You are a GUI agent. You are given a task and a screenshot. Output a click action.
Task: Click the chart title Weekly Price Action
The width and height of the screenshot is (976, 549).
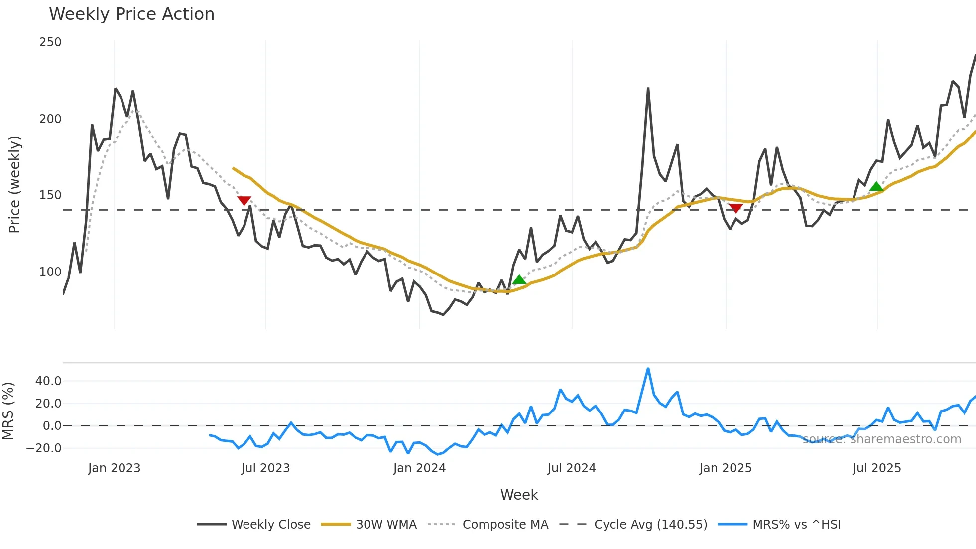click(131, 14)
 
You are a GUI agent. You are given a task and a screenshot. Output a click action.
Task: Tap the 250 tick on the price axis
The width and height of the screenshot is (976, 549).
click(50, 42)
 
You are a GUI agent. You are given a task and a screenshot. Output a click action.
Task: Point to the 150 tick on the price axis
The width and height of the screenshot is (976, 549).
click(50, 195)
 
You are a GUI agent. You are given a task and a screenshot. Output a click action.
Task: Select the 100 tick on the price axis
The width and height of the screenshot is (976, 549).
click(50, 272)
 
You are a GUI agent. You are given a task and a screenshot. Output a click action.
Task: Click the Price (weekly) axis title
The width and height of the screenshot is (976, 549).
click(15, 184)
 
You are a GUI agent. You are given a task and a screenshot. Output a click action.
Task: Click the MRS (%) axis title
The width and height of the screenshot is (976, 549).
click(8, 411)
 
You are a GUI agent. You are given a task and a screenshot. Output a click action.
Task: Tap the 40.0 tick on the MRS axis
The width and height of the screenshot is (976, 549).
click(48, 381)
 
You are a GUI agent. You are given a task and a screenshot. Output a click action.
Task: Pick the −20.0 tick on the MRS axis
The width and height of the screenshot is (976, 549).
click(44, 448)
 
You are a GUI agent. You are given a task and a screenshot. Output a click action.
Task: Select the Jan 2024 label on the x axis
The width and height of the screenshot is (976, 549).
click(419, 468)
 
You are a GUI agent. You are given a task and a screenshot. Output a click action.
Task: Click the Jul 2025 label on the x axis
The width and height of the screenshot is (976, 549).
click(877, 468)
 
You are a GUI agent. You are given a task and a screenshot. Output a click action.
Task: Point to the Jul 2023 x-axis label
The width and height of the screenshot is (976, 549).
click(265, 468)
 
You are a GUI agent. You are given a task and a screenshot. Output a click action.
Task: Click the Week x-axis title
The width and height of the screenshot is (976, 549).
click(519, 495)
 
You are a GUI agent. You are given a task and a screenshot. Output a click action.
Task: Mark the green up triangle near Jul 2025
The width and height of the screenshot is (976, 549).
click(876, 187)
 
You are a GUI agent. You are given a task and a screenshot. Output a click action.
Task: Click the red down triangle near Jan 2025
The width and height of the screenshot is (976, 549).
click(735, 208)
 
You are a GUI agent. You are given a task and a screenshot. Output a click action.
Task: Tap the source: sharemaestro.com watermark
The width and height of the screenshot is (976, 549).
click(881, 439)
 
